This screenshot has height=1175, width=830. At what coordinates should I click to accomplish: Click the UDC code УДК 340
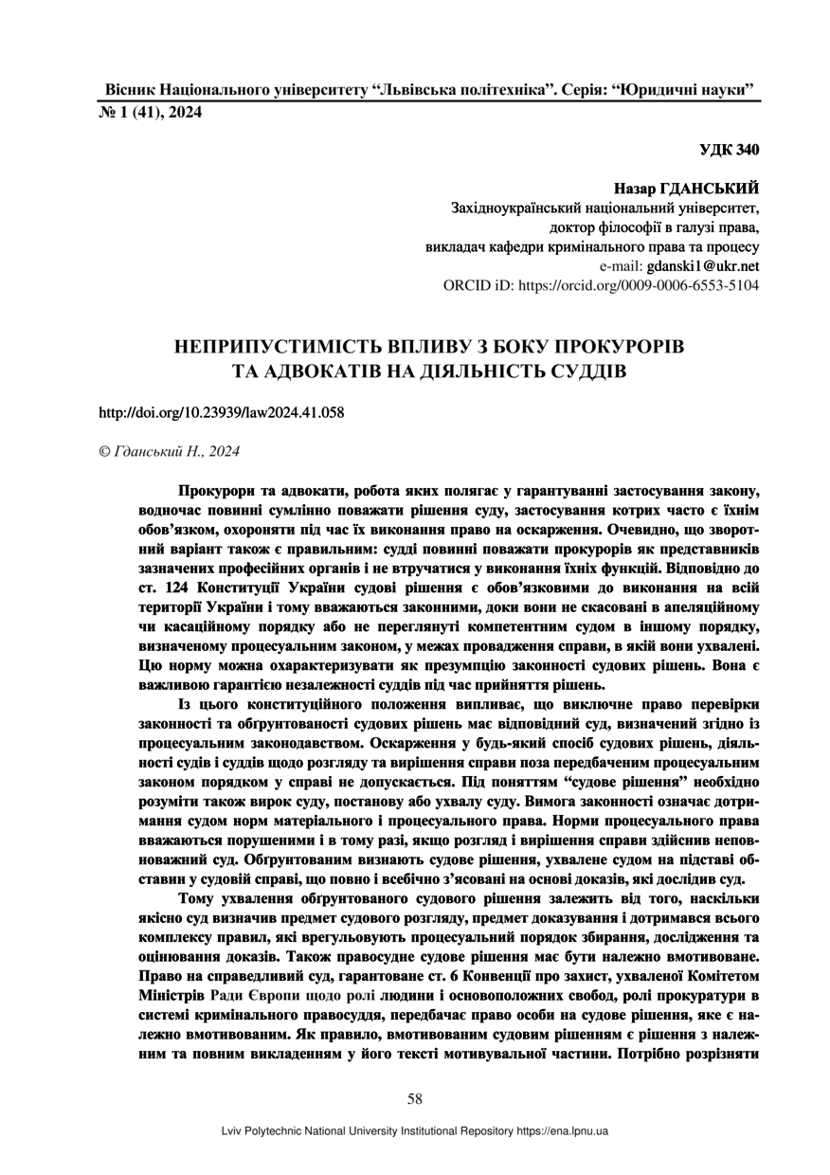click(x=730, y=151)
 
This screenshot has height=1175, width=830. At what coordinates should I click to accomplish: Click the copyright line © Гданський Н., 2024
click(x=170, y=452)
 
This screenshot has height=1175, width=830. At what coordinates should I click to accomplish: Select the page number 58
click(x=415, y=1099)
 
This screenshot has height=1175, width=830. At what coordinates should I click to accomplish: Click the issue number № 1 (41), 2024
click(x=150, y=113)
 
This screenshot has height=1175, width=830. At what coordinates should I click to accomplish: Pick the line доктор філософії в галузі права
click(x=654, y=228)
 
